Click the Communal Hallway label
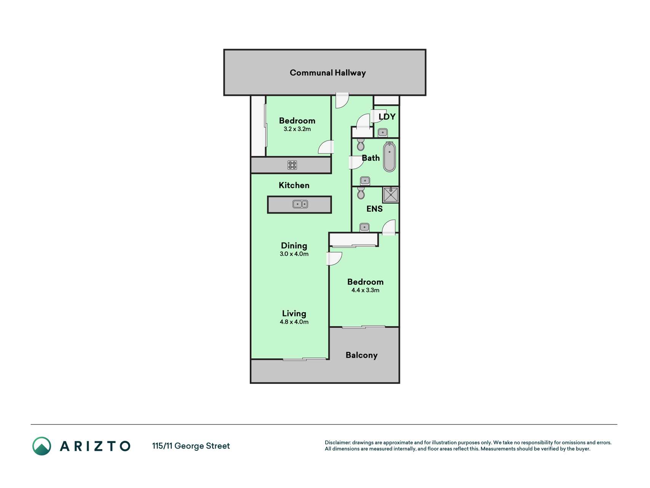(x=327, y=73)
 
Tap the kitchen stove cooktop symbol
(x=292, y=165)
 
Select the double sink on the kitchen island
(x=300, y=204)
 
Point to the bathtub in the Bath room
(x=389, y=157)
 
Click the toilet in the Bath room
(x=361, y=144)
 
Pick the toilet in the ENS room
(x=361, y=193)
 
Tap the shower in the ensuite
(x=390, y=195)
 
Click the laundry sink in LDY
(x=383, y=132)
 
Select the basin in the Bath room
(x=365, y=181)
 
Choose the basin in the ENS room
(x=364, y=227)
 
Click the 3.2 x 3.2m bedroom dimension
(x=297, y=129)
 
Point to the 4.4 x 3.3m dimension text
(x=365, y=290)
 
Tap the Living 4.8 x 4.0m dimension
(x=294, y=322)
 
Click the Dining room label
(x=294, y=246)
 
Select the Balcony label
(x=361, y=355)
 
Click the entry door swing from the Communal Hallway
(x=342, y=100)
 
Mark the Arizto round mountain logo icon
(x=42, y=446)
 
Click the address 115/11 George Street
(x=191, y=446)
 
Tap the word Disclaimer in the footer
(x=338, y=443)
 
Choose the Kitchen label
(x=294, y=185)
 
